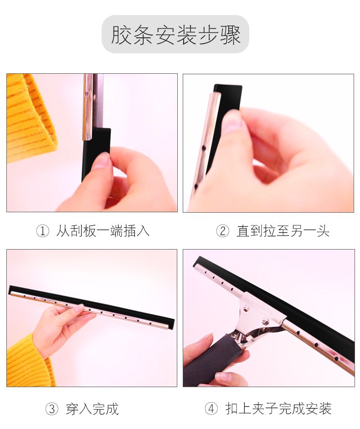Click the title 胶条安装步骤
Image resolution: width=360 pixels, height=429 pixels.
click(x=175, y=35)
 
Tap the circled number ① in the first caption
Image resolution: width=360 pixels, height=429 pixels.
click(x=43, y=231)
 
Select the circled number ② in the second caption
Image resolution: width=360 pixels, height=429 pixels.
click(x=223, y=231)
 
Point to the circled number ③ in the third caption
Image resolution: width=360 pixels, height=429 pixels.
click(x=52, y=409)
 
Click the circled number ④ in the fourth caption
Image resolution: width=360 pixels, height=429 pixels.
click(x=211, y=409)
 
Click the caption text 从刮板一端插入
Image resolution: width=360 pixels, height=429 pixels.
click(x=103, y=231)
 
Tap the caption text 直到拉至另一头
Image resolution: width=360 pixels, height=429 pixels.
click(x=283, y=231)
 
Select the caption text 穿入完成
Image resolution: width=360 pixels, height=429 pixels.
click(x=92, y=409)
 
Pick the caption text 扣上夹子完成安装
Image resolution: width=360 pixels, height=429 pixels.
click(x=278, y=409)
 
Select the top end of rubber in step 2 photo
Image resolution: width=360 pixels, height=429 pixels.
click(x=228, y=86)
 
